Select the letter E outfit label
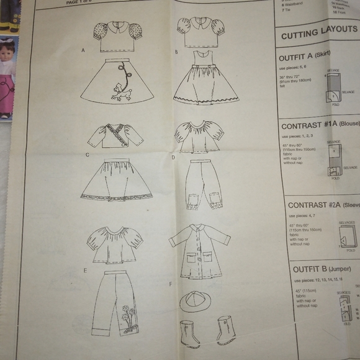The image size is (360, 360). tap(84, 271)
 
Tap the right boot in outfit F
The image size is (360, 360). tap(225, 330)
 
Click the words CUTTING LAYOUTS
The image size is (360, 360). tap(318, 33)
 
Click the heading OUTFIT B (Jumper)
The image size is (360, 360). tap(313, 269)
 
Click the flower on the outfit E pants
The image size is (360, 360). tap(126, 308)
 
